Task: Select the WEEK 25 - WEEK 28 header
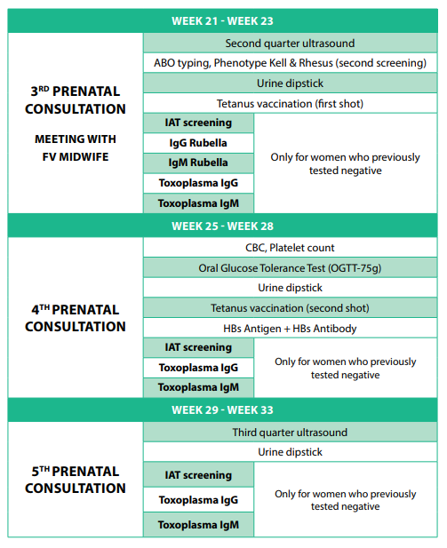click(x=222, y=226)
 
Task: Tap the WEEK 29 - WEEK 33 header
click(x=222, y=410)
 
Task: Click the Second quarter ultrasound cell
click(x=290, y=43)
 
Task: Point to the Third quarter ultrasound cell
click(x=290, y=433)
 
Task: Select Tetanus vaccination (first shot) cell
click(x=290, y=104)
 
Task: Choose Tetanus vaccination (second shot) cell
click(x=290, y=308)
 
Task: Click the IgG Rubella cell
click(x=198, y=143)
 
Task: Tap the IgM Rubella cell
click(x=198, y=163)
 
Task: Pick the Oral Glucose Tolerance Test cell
click(x=290, y=267)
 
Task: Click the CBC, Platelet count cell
click(x=290, y=248)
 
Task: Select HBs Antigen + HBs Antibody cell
click(x=290, y=328)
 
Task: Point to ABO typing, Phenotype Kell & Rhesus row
click(x=290, y=63)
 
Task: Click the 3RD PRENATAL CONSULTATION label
click(x=76, y=100)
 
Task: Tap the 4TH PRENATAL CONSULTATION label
click(x=76, y=317)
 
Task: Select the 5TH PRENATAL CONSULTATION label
click(x=76, y=479)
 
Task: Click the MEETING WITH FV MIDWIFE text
click(x=76, y=149)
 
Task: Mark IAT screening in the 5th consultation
click(x=198, y=475)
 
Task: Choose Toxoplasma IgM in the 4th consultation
click(x=198, y=387)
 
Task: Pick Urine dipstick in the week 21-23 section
click(x=290, y=83)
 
